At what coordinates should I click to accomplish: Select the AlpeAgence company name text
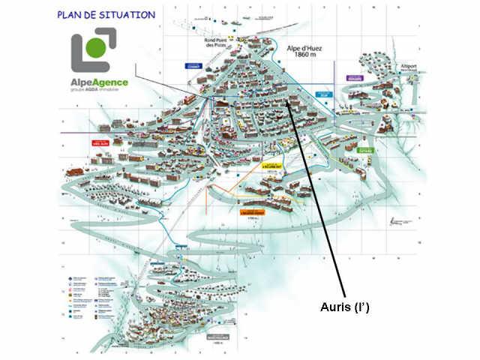click(x=99, y=82)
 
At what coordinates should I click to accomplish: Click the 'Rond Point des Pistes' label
click(x=220, y=46)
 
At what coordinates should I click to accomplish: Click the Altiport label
click(x=390, y=65)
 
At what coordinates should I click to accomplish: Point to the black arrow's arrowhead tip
click(x=287, y=100)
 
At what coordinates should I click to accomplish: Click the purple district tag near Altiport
click(x=354, y=78)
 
